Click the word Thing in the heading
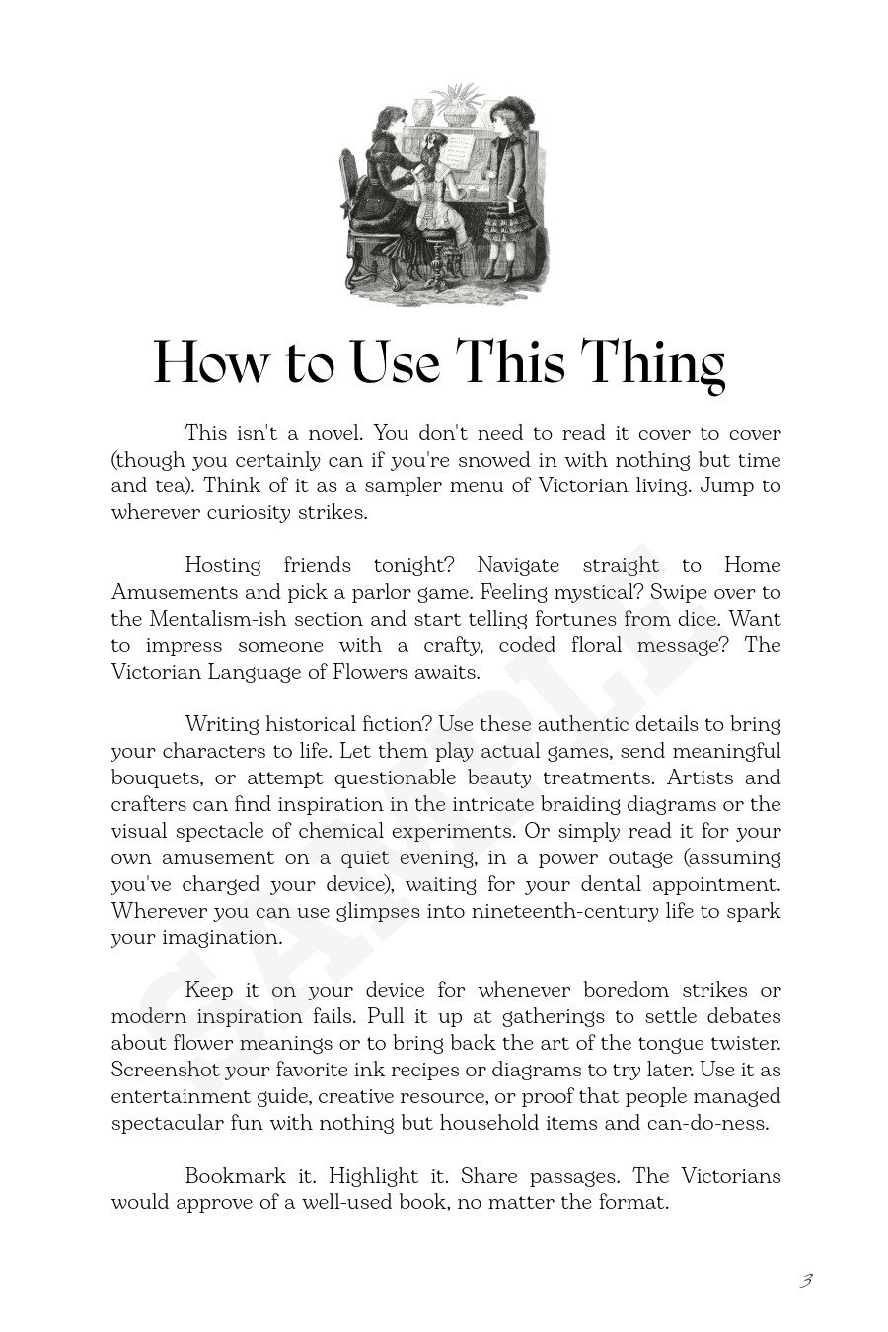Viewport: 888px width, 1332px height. coord(655,363)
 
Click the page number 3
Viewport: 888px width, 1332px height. coord(806,1281)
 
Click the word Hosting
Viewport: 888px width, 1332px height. coord(223,565)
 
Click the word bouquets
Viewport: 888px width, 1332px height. coord(157,778)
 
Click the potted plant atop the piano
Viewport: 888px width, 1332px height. coord(456,104)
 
